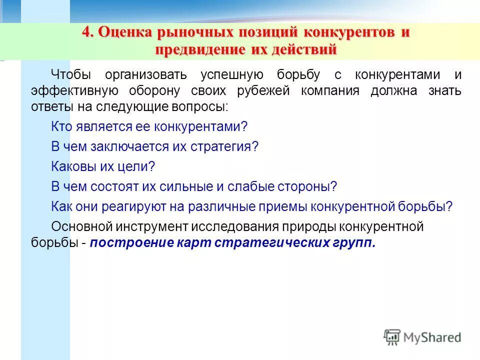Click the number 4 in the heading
pyautogui.click(x=87, y=33)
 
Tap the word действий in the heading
pyautogui.click(x=299, y=50)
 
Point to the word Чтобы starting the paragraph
pyautogui.click(x=71, y=75)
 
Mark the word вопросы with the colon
pyautogui.click(x=203, y=107)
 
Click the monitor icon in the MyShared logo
pyautogui.click(x=392, y=337)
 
